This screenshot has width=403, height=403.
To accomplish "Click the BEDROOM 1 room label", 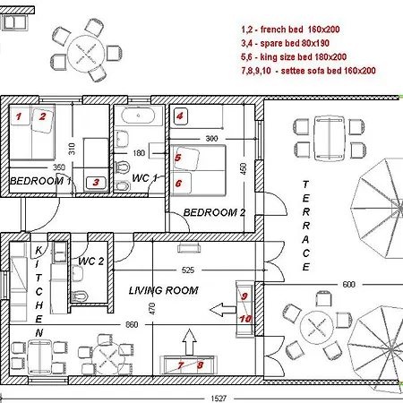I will [40, 181].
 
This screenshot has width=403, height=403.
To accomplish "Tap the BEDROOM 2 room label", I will [214, 212].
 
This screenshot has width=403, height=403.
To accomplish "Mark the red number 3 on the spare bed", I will [94, 182].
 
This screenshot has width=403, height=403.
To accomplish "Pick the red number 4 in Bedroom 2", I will [180, 116].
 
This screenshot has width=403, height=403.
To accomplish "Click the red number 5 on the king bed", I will [178, 158].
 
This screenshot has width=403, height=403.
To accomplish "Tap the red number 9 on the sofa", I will [244, 296].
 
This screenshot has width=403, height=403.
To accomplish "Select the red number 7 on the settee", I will [180, 364].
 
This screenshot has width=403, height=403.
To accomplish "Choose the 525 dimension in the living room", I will [213, 270].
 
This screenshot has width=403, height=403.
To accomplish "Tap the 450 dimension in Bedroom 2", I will [242, 168].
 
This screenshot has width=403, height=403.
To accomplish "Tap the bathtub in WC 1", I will [138, 116].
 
